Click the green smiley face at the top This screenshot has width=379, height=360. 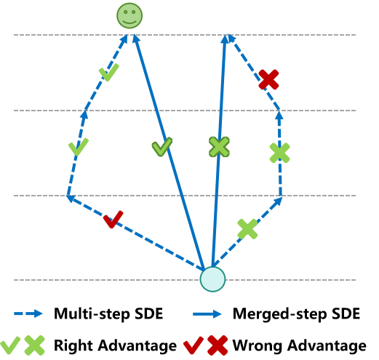click(x=129, y=15)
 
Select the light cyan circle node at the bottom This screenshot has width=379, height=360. click(x=212, y=279)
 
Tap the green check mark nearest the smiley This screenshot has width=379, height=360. click(x=108, y=72)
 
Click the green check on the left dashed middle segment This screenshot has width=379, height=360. click(x=78, y=146)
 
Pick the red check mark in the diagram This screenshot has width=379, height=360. click(x=113, y=219)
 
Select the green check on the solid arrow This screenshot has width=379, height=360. click(x=161, y=146)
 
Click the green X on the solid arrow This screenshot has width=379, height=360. click(x=219, y=146)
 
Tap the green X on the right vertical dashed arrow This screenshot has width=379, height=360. click(x=279, y=153)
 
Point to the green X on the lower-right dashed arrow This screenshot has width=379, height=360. click(x=247, y=228)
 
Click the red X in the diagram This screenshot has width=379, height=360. click(x=268, y=79)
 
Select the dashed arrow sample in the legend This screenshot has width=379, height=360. click(x=28, y=313)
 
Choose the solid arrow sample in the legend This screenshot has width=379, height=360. click(x=207, y=313)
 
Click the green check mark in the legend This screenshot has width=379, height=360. click(x=10, y=345)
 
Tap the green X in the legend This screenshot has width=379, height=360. click(x=34, y=345)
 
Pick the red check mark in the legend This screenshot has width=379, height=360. click(x=193, y=345)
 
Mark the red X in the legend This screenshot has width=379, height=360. click(x=218, y=345)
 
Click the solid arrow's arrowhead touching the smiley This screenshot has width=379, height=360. click(x=135, y=38)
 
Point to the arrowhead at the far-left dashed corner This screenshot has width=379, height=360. click(x=70, y=196)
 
